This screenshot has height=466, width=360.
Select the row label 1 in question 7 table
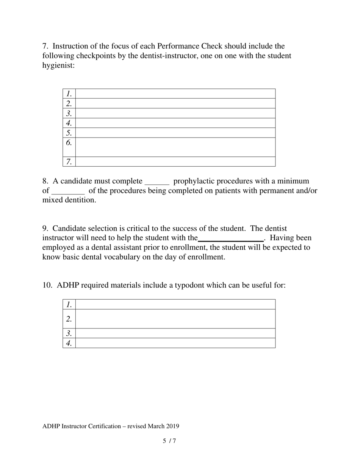pos(69,94)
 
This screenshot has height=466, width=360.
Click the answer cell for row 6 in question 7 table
pos(175,147)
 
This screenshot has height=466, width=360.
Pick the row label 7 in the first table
pos(69,162)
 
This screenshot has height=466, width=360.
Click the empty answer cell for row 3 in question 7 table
pos(175,113)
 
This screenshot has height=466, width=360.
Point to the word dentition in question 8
pos(80,200)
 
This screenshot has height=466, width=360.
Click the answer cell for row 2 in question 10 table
pos(175,319)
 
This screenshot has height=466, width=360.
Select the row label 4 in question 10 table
pos(69,343)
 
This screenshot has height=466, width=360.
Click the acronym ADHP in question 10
pos(68,285)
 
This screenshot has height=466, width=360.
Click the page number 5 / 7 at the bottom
pos(169,441)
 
